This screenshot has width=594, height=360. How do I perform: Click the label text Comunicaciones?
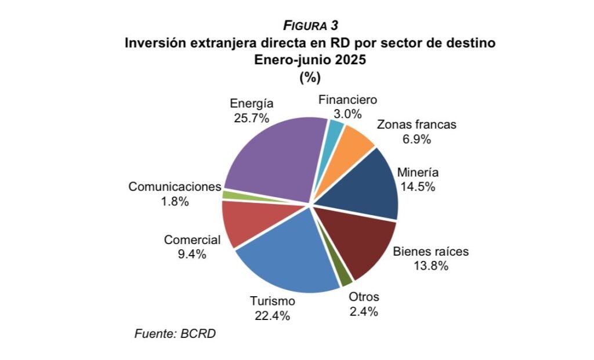175,187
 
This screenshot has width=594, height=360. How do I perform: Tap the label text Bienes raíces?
430,252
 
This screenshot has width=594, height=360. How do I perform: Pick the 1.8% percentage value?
175,201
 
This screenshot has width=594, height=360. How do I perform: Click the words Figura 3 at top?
310,26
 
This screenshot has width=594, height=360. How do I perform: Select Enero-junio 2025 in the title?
310,60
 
